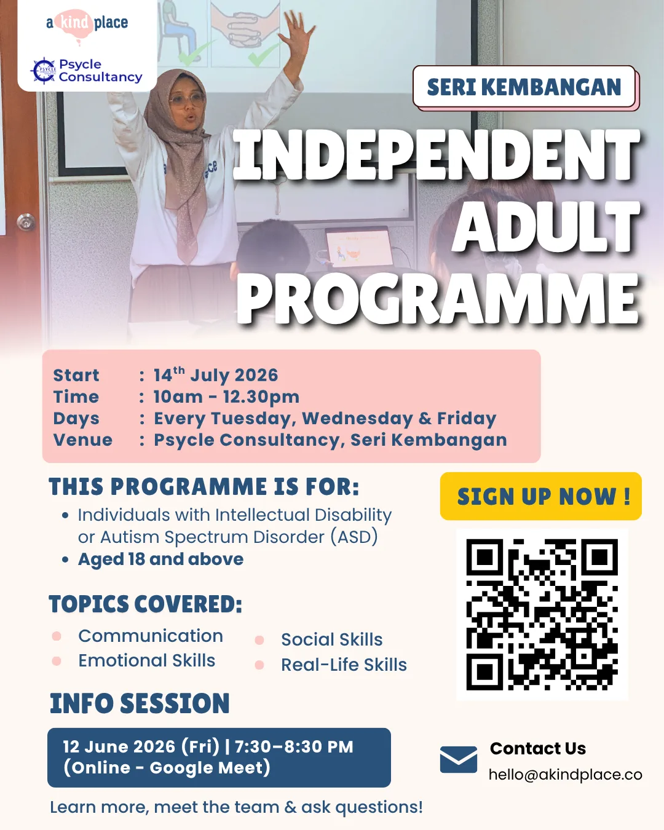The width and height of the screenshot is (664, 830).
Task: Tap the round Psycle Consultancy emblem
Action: tap(44, 71)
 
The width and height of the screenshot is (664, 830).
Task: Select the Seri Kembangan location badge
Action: tap(524, 87)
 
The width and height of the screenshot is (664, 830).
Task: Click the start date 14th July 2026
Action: tap(216, 374)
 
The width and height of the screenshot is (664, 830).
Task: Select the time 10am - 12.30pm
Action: tap(226, 397)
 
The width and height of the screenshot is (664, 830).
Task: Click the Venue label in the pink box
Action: tap(82, 440)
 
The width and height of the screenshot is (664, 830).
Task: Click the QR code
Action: tap(542, 615)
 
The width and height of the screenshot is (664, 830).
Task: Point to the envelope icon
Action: tap(459, 759)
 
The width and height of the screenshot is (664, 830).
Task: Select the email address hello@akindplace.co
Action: tap(565, 775)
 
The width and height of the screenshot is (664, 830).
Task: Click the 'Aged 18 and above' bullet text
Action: tap(161, 559)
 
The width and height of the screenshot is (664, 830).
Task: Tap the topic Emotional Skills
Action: tap(146, 660)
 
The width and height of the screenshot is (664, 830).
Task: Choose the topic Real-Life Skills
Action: tap(344, 665)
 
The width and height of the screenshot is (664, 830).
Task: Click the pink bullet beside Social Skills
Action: tap(259, 641)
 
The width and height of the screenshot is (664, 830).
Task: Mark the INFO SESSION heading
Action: tap(140, 703)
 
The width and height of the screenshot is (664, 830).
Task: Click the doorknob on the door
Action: tap(26, 223)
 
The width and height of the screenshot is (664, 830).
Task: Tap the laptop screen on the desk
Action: tap(359, 248)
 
